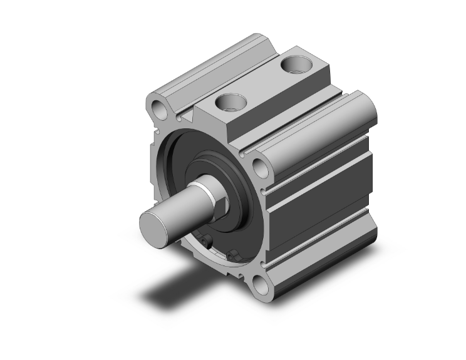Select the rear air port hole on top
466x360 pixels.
[294, 64]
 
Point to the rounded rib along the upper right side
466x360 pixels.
[326, 125]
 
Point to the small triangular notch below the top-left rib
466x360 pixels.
[181, 117]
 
